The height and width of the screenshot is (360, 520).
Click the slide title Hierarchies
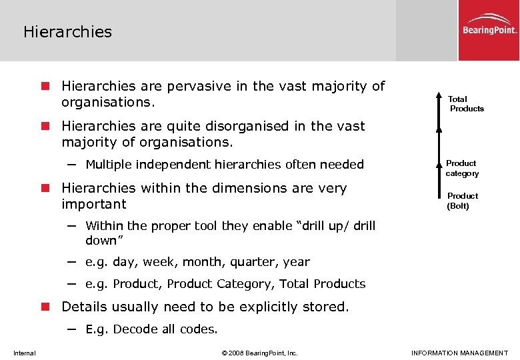67,31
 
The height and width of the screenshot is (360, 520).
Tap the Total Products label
466,103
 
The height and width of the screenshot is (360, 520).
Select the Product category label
462,168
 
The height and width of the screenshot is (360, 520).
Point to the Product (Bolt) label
462,201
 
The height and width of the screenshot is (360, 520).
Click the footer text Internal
25,353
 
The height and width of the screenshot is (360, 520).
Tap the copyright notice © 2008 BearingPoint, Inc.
259,353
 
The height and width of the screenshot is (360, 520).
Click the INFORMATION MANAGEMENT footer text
460,353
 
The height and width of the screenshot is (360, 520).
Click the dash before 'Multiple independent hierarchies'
71,164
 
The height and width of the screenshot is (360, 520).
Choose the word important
93,204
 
